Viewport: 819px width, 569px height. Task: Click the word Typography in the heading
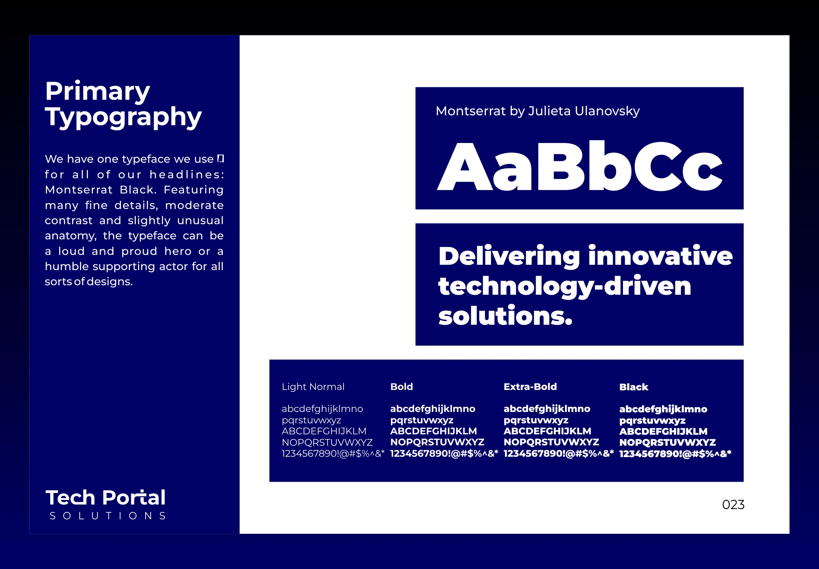point(123,117)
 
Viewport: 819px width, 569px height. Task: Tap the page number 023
point(733,505)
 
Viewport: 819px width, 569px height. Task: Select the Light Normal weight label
point(313,387)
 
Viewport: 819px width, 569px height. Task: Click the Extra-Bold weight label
point(530,387)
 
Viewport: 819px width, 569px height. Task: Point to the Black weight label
point(634,387)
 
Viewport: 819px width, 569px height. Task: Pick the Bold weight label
point(402,387)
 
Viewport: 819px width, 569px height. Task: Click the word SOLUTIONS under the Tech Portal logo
point(108,516)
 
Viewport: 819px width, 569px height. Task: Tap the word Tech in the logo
point(70,498)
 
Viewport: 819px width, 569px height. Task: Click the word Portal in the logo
point(134,498)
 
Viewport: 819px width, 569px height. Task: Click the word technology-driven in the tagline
point(565,287)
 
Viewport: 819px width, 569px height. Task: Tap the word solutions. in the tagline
point(505,316)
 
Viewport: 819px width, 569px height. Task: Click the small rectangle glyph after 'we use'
point(221,159)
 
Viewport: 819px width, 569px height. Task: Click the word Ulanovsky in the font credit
point(607,111)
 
